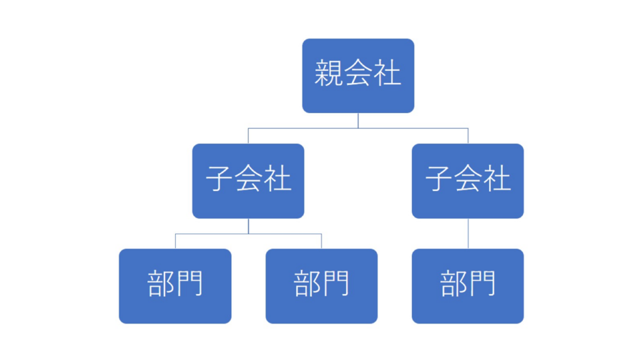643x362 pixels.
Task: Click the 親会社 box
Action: tap(358, 76)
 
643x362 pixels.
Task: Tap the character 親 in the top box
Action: tap(328, 73)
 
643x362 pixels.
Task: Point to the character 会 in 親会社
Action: tap(358, 73)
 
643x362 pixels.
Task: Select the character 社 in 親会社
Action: tap(387, 73)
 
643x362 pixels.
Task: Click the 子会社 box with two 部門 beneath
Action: tap(248, 181)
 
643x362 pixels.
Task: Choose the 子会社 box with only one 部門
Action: tap(467, 181)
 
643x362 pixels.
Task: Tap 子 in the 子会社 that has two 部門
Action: tap(219, 178)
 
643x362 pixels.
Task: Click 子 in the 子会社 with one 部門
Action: tap(439, 178)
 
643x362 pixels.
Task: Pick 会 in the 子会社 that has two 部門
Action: tap(249, 178)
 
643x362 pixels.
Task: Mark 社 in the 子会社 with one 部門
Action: tap(497, 178)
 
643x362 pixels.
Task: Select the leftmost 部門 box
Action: tap(175, 286)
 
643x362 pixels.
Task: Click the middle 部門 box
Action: tap(321, 286)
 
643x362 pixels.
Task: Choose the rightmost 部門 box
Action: tap(467, 286)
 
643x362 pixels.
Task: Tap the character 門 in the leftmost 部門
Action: tap(190, 283)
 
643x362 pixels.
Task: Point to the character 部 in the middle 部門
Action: tap(306, 283)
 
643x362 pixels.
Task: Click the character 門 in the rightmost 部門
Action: tap(482, 283)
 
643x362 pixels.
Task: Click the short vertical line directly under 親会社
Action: tap(358, 121)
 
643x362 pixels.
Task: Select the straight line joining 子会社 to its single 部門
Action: tap(468, 234)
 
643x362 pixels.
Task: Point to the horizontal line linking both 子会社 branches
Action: tap(358, 128)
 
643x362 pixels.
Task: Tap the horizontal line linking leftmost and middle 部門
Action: tap(249, 234)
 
